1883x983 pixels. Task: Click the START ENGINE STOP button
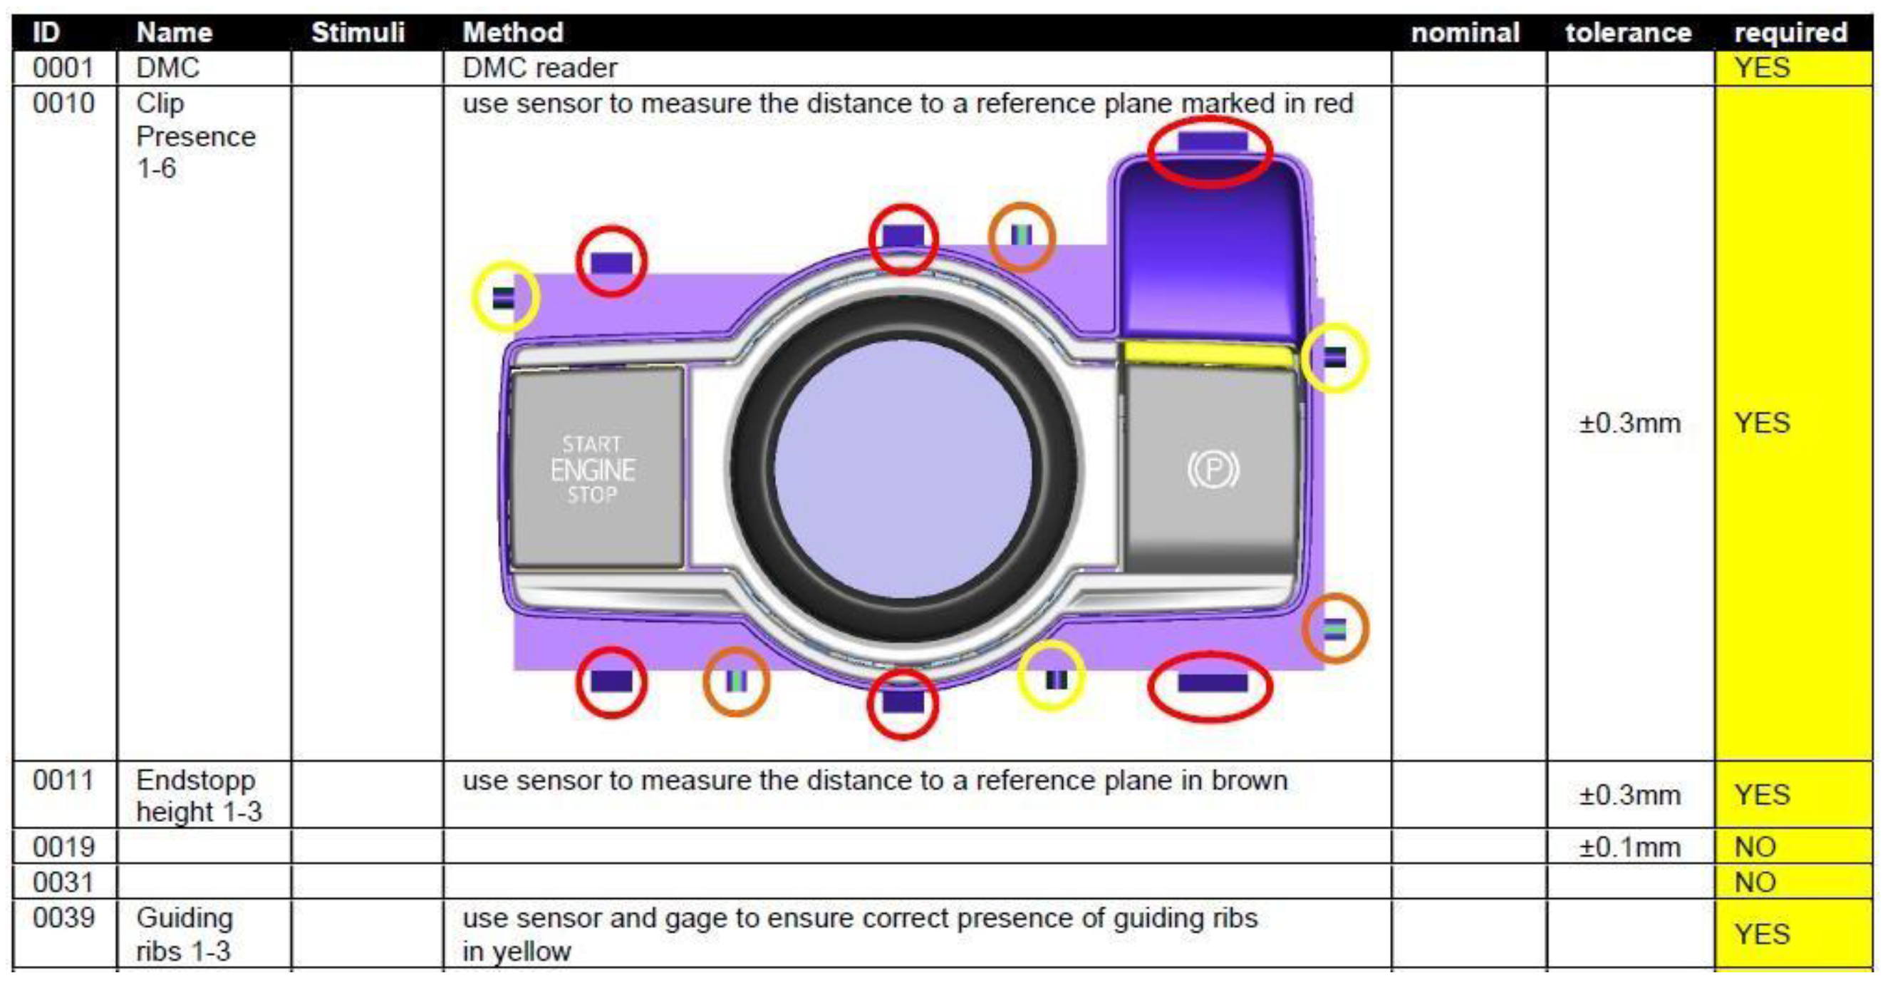(x=596, y=468)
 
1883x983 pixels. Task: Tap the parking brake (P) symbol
(x=1213, y=470)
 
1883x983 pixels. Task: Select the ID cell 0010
(x=63, y=103)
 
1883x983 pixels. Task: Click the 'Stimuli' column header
(x=358, y=32)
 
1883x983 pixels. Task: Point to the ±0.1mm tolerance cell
(x=1629, y=847)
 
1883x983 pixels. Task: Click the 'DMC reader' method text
(x=539, y=68)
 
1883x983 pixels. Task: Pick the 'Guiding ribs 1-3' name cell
(x=185, y=934)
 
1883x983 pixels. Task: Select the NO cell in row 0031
(x=1754, y=882)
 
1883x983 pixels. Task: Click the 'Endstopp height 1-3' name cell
(x=197, y=796)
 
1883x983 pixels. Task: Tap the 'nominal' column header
(x=1465, y=32)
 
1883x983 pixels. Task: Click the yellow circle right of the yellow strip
(x=1334, y=358)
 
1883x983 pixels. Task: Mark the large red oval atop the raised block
(x=1210, y=152)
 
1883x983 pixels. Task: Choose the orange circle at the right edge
(x=1334, y=628)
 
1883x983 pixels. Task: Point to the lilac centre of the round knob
(x=903, y=468)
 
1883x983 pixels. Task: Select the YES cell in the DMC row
(x=1762, y=68)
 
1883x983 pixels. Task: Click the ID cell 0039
(x=63, y=917)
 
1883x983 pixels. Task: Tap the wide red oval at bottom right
(x=1210, y=685)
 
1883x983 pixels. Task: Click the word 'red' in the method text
(x=1332, y=103)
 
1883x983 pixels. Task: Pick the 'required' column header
(x=1790, y=32)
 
